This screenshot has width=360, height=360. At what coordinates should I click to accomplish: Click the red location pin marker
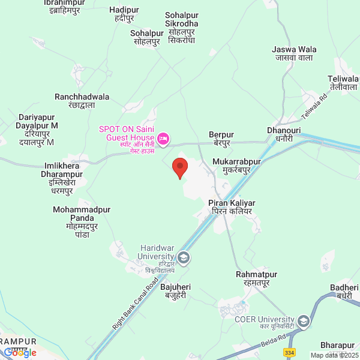point(179,167)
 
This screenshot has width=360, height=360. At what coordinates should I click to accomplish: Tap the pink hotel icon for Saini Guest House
point(161,139)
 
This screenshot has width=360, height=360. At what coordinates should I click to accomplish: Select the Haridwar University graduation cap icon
point(184,258)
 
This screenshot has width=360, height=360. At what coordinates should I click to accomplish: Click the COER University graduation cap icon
point(304,322)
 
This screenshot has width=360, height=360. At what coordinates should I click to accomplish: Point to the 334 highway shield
point(290,352)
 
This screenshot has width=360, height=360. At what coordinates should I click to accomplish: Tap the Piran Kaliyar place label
point(232,208)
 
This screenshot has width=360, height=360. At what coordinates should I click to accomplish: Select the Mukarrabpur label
point(237,166)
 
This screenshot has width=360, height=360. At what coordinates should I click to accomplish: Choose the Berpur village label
point(221,139)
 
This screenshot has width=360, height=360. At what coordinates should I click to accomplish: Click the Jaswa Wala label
point(294,53)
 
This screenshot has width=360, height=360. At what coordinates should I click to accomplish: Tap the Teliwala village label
point(343,83)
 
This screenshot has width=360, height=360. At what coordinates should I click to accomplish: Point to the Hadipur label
point(124,14)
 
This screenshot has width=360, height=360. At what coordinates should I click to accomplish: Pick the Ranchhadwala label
point(82,101)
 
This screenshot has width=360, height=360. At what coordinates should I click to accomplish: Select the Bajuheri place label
point(177,292)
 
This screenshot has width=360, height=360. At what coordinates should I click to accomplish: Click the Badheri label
point(344,292)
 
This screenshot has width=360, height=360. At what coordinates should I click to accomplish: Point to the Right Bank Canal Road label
point(136,302)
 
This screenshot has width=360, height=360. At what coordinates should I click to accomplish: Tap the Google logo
point(20,353)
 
